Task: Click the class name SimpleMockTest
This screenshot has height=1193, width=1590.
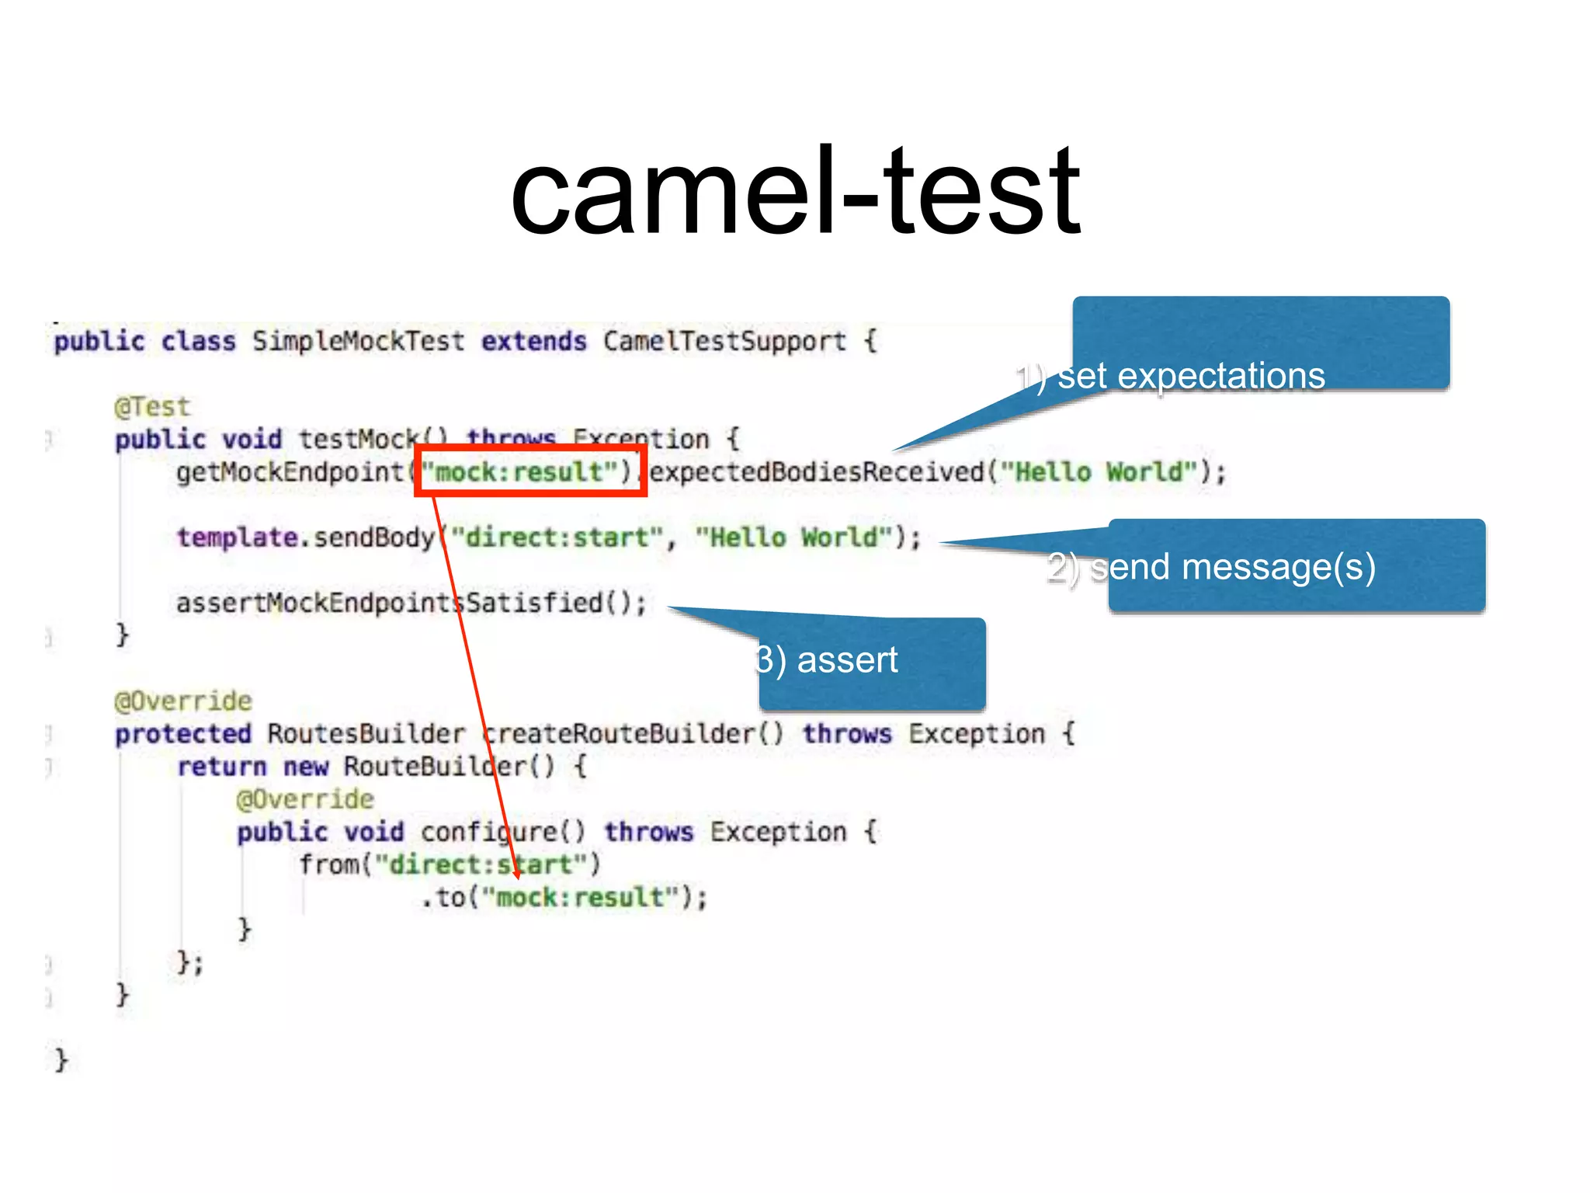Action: pyautogui.click(x=358, y=341)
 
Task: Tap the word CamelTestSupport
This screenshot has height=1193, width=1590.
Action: pyautogui.click(x=724, y=341)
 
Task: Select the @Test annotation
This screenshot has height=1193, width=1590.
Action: pyautogui.click(x=152, y=406)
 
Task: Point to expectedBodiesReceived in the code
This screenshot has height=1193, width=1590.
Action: pyautogui.click(x=816, y=471)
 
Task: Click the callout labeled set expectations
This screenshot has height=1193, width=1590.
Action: pyautogui.click(x=1261, y=344)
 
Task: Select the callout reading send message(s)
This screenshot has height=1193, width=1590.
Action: pyautogui.click(x=1297, y=566)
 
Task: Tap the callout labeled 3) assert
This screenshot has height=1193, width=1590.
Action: pyautogui.click(x=872, y=663)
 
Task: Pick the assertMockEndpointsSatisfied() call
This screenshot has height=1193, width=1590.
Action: pyautogui.click(x=411, y=603)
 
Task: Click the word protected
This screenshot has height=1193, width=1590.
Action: pyautogui.click(x=183, y=734)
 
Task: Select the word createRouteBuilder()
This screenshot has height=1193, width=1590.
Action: pyautogui.click(x=633, y=734)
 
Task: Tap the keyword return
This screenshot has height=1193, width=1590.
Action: pyautogui.click(x=222, y=767)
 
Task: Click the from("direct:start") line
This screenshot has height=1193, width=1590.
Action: pyautogui.click(x=450, y=864)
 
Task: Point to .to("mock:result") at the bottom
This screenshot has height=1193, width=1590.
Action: pyautogui.click(x=565, y=897)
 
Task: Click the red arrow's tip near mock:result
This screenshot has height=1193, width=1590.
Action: pyautogui.click(x=517, y=877)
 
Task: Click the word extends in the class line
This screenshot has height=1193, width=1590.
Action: pyautogui.click(x=533, y=341)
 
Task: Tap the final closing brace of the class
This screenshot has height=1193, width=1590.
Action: pyautogui.click(x=61, y=1060)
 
